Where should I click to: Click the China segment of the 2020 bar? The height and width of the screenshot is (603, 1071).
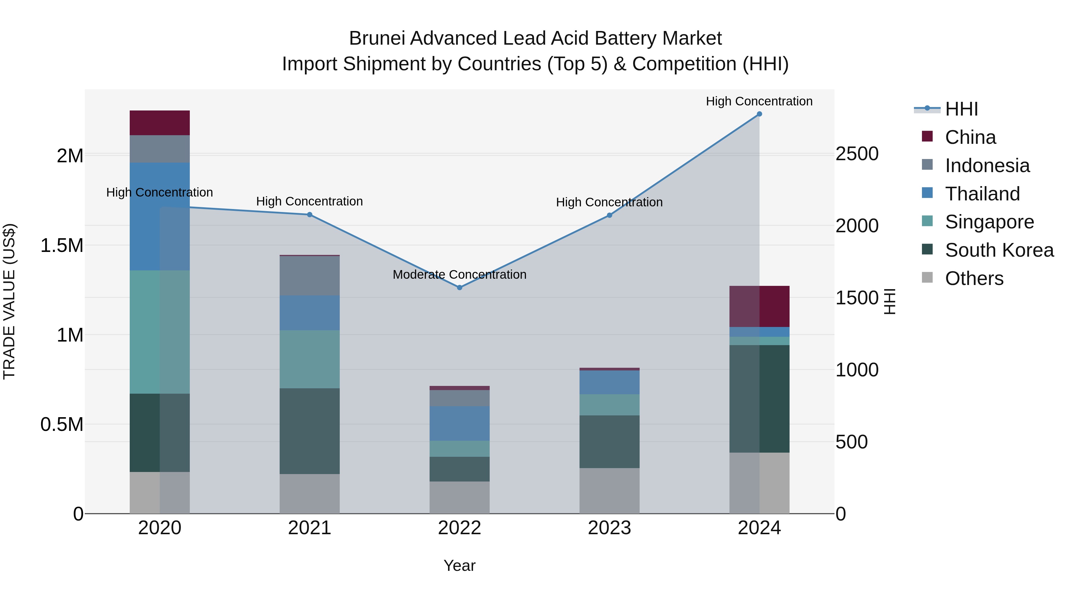coord(160,123)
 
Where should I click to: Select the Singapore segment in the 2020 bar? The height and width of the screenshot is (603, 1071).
coord(160,332)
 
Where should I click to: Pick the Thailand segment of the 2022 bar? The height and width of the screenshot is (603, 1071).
coord(459,423)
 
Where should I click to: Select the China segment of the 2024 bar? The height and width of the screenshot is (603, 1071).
coord(759,306)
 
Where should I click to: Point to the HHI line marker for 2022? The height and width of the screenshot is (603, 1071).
coord(459,288)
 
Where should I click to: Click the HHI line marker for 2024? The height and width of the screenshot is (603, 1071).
coord(759,114)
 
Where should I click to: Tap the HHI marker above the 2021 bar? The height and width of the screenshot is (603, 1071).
coord(309,215)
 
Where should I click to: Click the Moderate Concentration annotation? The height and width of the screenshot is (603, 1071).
coord(459,275)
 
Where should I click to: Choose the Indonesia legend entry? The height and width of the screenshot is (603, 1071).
coord(987,166)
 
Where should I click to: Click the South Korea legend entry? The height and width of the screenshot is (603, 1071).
coord(999,250)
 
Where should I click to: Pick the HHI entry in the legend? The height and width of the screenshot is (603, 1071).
coord(961,109)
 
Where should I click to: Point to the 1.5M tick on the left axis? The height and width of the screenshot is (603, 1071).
coord(62,246)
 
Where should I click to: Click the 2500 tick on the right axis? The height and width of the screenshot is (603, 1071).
coord(857,154)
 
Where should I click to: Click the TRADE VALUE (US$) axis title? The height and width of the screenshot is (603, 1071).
coord(9,302)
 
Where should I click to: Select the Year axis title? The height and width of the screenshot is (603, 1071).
coord(459,565)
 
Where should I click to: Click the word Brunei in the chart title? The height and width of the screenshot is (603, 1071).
coord(376,38)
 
